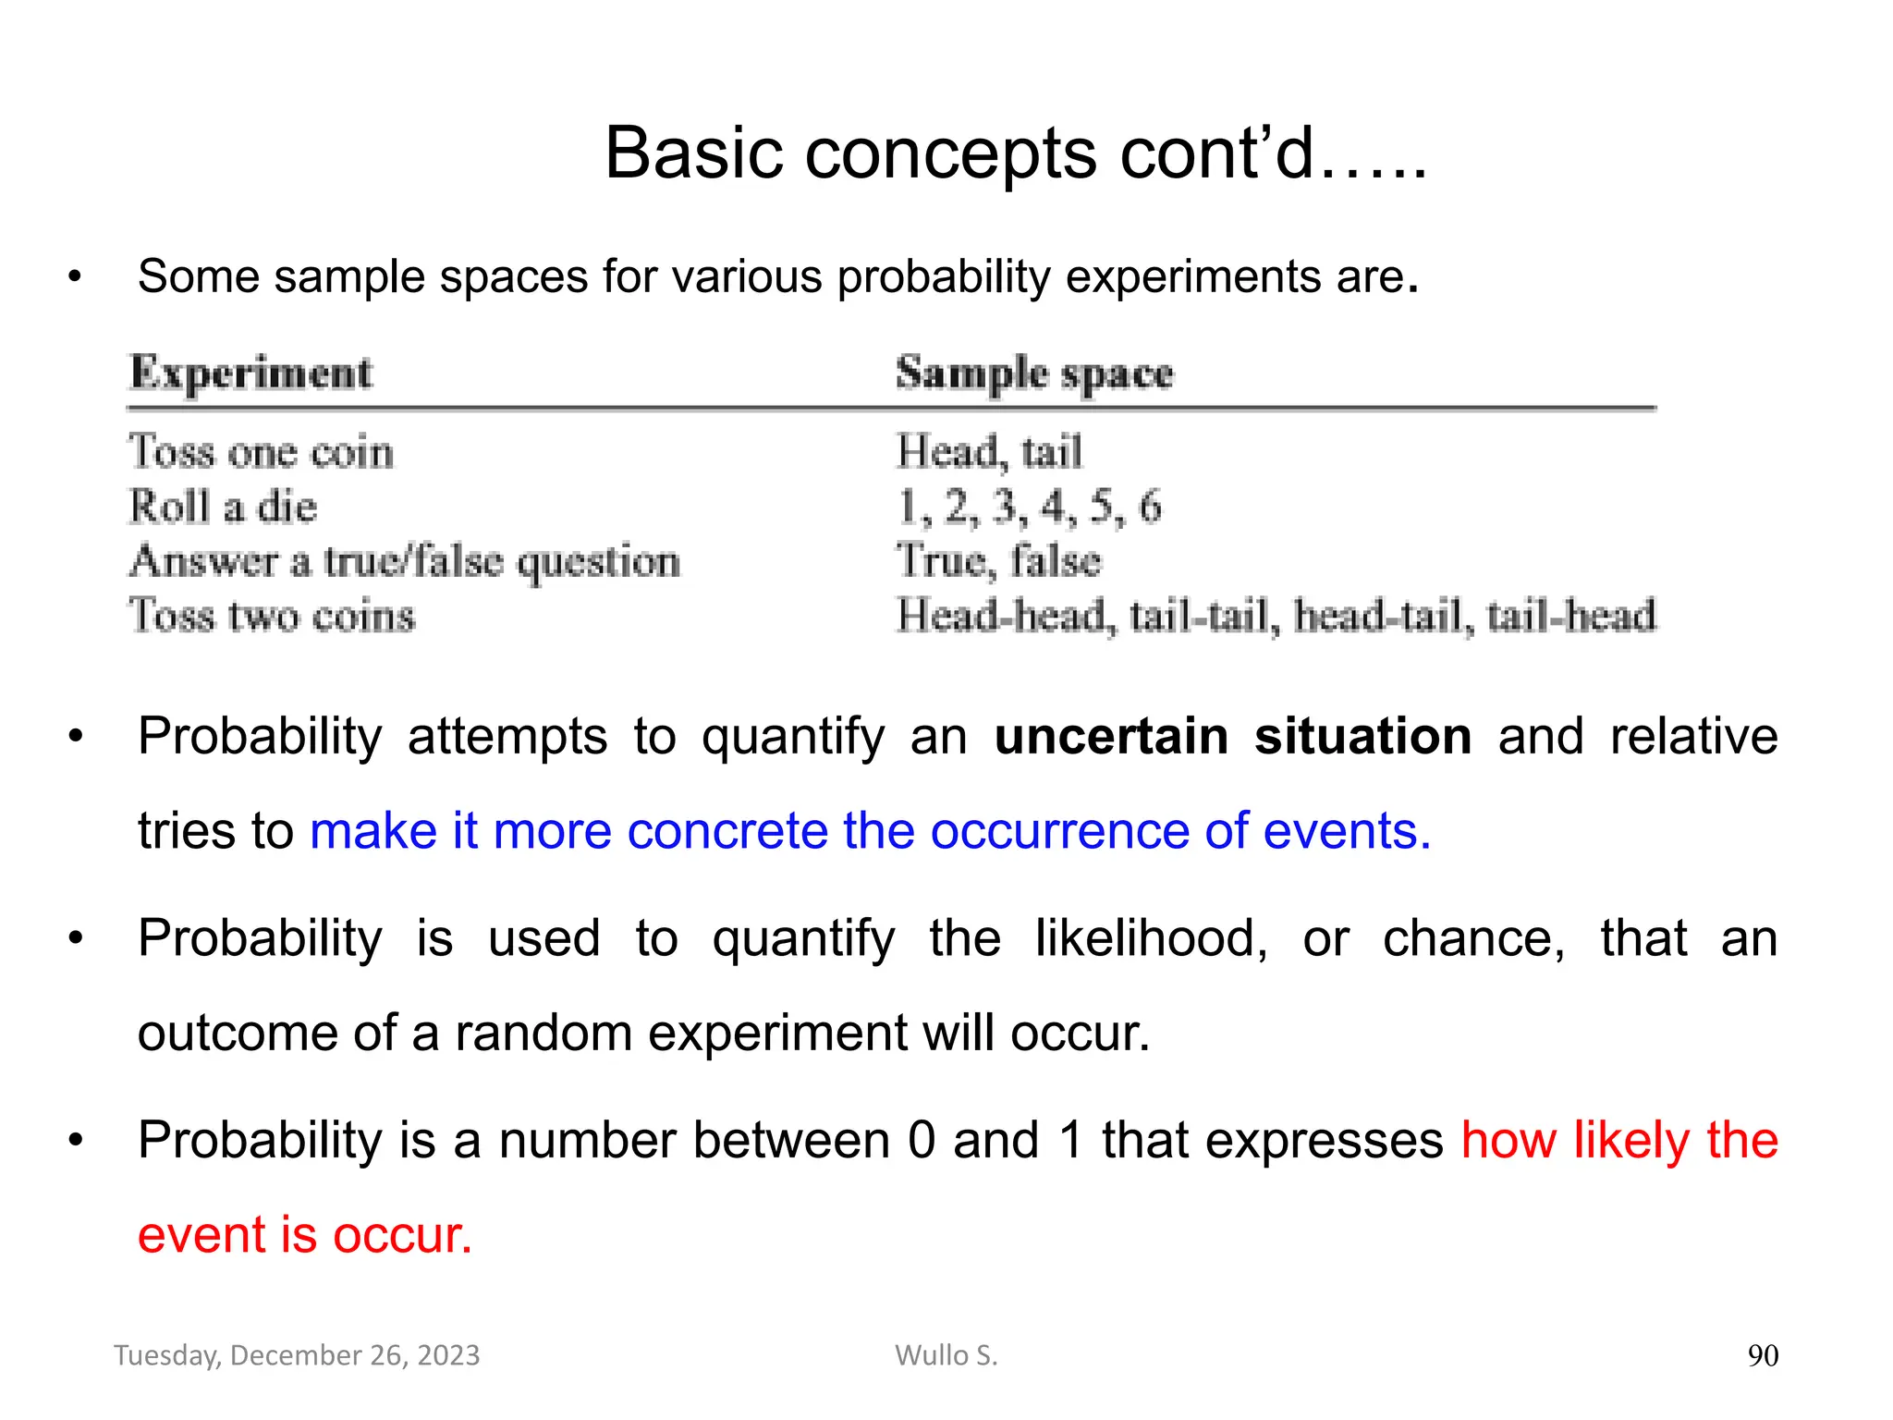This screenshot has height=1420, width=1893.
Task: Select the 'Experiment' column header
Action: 250,373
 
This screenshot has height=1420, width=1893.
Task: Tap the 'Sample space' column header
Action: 1034,373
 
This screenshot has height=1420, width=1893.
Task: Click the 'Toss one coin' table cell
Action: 262,452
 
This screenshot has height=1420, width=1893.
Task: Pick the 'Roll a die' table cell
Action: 223,507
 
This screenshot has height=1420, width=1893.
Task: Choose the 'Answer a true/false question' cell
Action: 405,561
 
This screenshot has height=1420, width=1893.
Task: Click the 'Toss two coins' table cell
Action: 272,616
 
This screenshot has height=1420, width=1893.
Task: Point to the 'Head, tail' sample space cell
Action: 989,452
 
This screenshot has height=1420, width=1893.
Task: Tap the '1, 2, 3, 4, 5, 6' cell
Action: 1029,507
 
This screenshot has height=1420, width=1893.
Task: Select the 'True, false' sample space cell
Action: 998,561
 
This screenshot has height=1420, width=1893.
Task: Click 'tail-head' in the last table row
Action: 1571,616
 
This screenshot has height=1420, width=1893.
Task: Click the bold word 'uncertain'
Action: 1111,737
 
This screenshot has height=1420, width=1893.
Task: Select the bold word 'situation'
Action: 1362,737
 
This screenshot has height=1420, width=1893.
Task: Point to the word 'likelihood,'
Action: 1151,938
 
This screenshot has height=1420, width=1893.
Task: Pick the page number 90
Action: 1763,1356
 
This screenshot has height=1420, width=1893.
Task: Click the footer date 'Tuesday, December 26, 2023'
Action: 297,1355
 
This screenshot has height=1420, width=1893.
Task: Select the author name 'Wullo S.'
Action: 946,1355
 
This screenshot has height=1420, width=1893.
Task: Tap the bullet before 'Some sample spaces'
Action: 75,277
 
